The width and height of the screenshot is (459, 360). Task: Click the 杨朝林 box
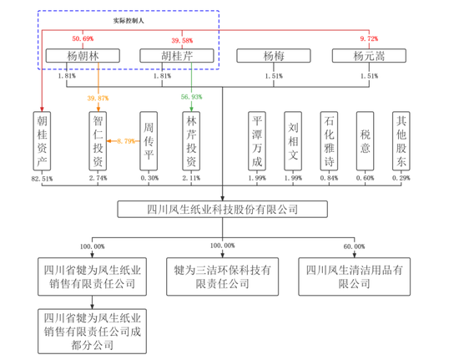[x=83, y=56]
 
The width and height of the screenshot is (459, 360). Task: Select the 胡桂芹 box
[x=177, y=56]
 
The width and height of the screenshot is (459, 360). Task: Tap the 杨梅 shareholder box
[x=274, y=56]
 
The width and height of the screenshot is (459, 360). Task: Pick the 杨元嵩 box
[x=369, y=56]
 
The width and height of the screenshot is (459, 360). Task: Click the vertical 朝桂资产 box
[x=42, y=141]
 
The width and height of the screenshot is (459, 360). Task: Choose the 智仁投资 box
[x=98, y=141]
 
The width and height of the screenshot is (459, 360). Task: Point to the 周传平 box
[x=149, y=141]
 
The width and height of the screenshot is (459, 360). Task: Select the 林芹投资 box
[x=191, y=141]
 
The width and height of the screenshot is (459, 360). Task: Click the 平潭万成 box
[x=257, y=141]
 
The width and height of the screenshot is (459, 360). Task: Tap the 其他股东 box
[x=401, y=141]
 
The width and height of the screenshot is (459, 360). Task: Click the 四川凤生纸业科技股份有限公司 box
[x=223, y=209]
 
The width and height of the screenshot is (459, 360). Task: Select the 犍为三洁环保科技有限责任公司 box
[x=223, y=276]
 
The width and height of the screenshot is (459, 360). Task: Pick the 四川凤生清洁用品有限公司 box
[x=355, y=276]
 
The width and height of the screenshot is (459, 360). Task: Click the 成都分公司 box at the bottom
[x=92, y=332]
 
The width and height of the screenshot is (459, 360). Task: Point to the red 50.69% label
[x=83, y=38]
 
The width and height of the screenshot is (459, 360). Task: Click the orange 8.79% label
[x=126, y=141]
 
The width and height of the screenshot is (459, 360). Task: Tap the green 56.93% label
[x=191, y=97]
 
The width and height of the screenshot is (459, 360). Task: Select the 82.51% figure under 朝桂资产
[x=42, y=179]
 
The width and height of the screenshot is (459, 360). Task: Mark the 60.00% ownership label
[x=354, y=246]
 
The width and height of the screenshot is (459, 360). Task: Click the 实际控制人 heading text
[x=129, y=21]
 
